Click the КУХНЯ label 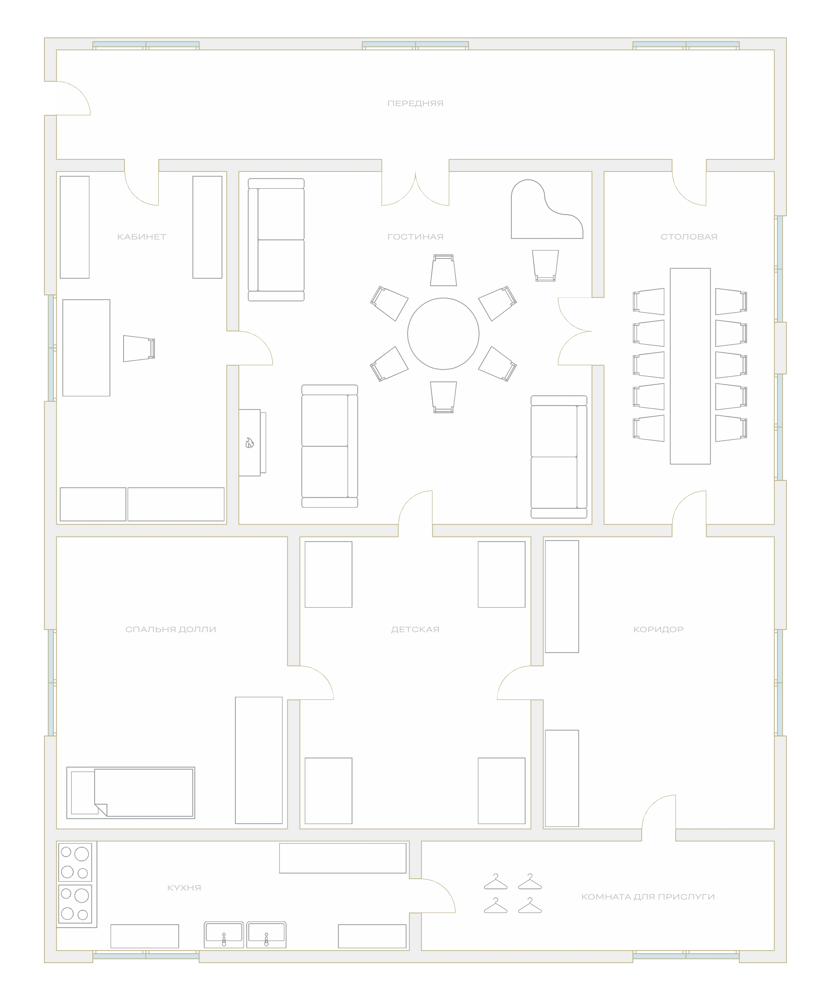point(184,888)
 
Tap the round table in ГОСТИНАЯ point(443,334)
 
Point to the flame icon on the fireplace point(250,443)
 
